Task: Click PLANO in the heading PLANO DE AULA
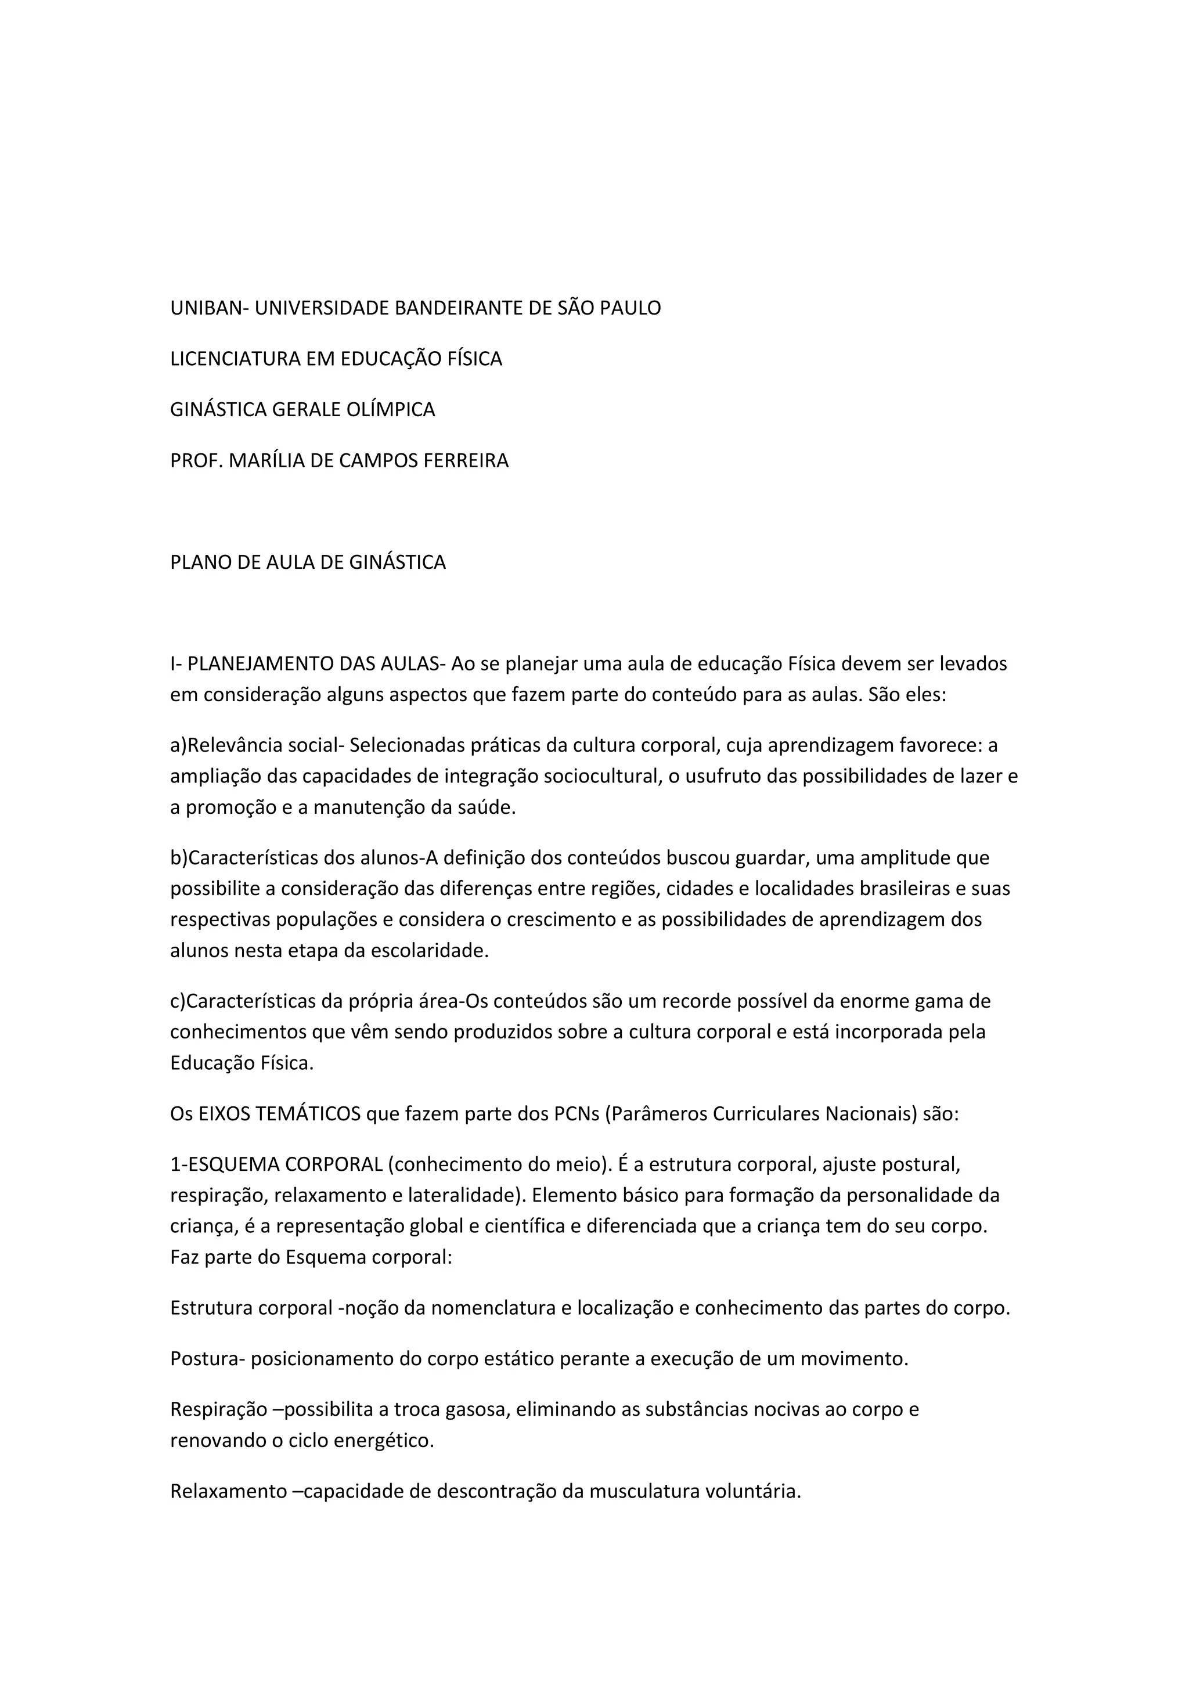click(196, 562)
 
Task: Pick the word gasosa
click(475, 1409)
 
